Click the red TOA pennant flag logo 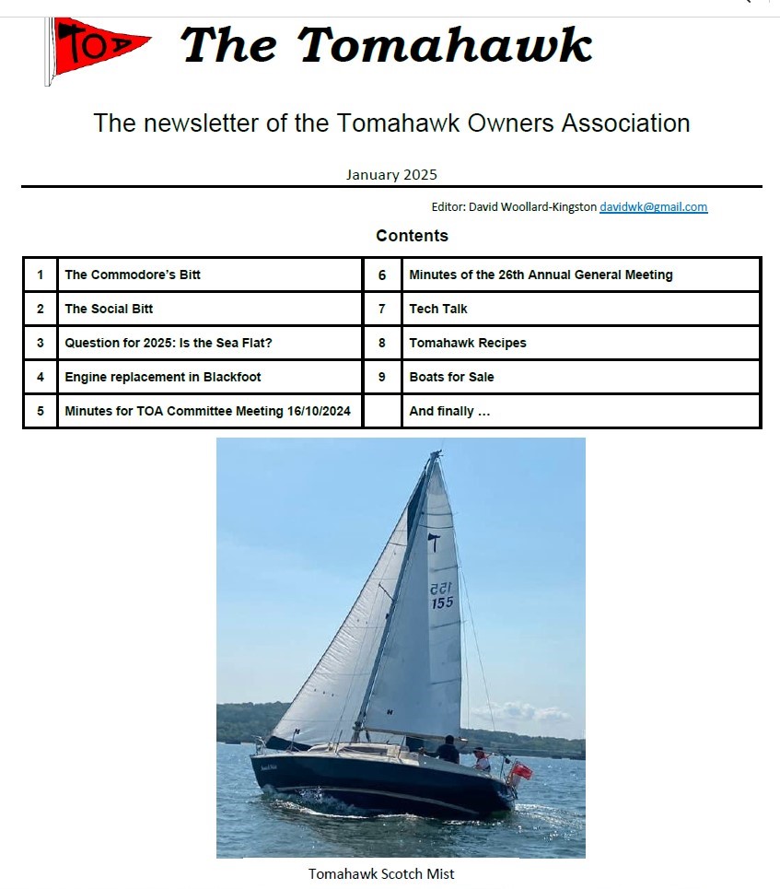coord(97,48)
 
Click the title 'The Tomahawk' coord(387,44)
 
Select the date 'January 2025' coord(391,174)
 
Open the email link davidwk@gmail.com coord(653,207)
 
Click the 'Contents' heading coord(412,236)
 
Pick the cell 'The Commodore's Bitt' coord(133,275)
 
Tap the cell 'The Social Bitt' coord(109,309)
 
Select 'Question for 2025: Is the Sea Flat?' coord(169,343)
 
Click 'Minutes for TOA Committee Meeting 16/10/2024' coord(207,411)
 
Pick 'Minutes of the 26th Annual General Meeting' coord(541,275)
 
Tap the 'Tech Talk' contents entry coord(438,309)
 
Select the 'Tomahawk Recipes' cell coord(468,343)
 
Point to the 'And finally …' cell coord(449,411)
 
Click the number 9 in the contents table coord(382,377)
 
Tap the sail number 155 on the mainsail coord(442,602)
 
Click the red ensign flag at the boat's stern coord(521,771)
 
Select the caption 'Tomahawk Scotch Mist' coord(381,873)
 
